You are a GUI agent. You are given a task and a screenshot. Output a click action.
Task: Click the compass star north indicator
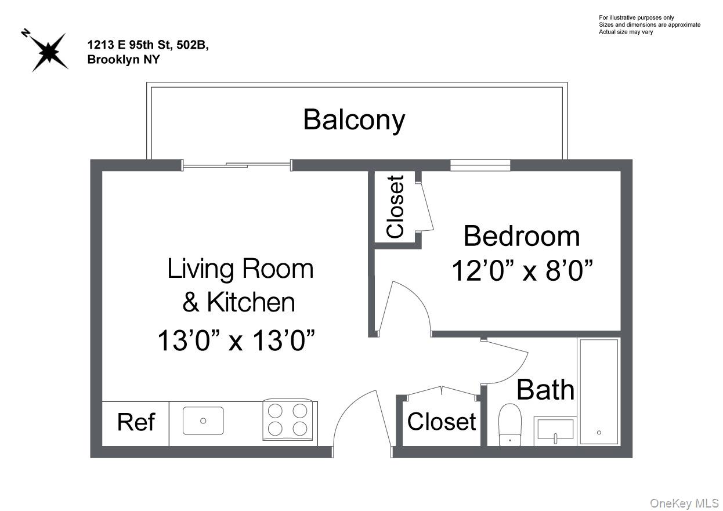click(x=50, y=52)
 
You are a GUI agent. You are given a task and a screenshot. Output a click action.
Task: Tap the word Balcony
click(x=354, y=120)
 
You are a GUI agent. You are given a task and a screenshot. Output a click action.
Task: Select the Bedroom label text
click(x=521, y=237)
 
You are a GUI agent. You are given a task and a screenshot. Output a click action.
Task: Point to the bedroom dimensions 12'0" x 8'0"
click(x=522, y=270)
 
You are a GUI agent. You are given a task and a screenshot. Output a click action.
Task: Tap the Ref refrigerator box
click(x=136, y=423)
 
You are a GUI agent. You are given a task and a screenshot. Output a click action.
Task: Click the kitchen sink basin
click(x=203, y=421)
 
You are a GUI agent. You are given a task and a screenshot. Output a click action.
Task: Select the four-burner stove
click(x=288, y=420)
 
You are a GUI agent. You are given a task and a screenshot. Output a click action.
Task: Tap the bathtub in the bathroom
click(x=598, y=392)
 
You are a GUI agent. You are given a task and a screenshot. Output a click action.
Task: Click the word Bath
click(x=545, y=390)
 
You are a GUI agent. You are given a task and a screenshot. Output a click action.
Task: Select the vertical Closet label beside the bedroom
click(x=395, y=206)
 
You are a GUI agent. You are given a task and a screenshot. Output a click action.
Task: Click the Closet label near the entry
click(x=442, y=422)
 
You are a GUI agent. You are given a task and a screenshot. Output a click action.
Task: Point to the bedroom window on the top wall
click(x=480, y=165)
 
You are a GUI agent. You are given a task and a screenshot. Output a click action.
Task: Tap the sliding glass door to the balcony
click(x=237, y=166)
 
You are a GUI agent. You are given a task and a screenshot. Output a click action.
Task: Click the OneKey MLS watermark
click(x=684, y=503)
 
